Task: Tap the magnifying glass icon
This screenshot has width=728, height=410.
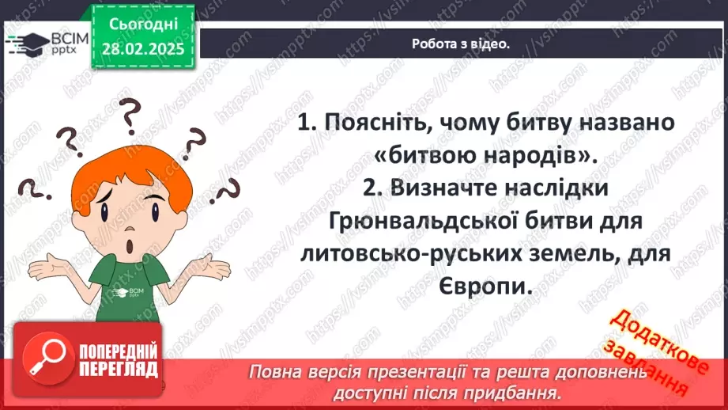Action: tap(44, 360)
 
